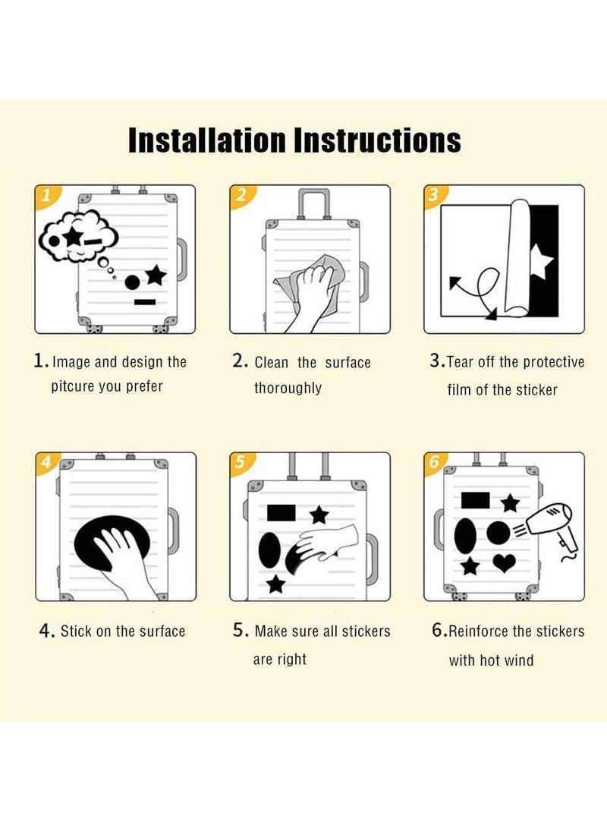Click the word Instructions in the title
[x=377, y=140]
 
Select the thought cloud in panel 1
[x=79, y=235]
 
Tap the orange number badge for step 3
[x=435, y=195]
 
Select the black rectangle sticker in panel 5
[x=281, y=512]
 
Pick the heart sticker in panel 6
[x=504, y=563]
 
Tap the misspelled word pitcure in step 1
[x=73, y=386]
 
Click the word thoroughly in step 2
[x=288, y=388]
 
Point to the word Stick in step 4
[x=76, y=631]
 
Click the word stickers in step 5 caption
[x=366, y=631]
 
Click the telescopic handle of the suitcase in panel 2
[x=314, y=203]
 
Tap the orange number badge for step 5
[x=241, y=463]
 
